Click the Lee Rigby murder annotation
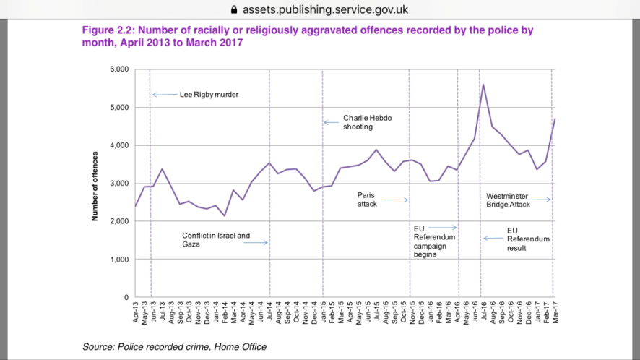209,95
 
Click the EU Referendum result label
528,239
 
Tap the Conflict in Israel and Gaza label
216,239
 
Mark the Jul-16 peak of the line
483,85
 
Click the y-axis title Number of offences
95,184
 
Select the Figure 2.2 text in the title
107,30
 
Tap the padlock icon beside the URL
233,10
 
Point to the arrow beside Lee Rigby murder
165,95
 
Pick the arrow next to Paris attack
397,200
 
